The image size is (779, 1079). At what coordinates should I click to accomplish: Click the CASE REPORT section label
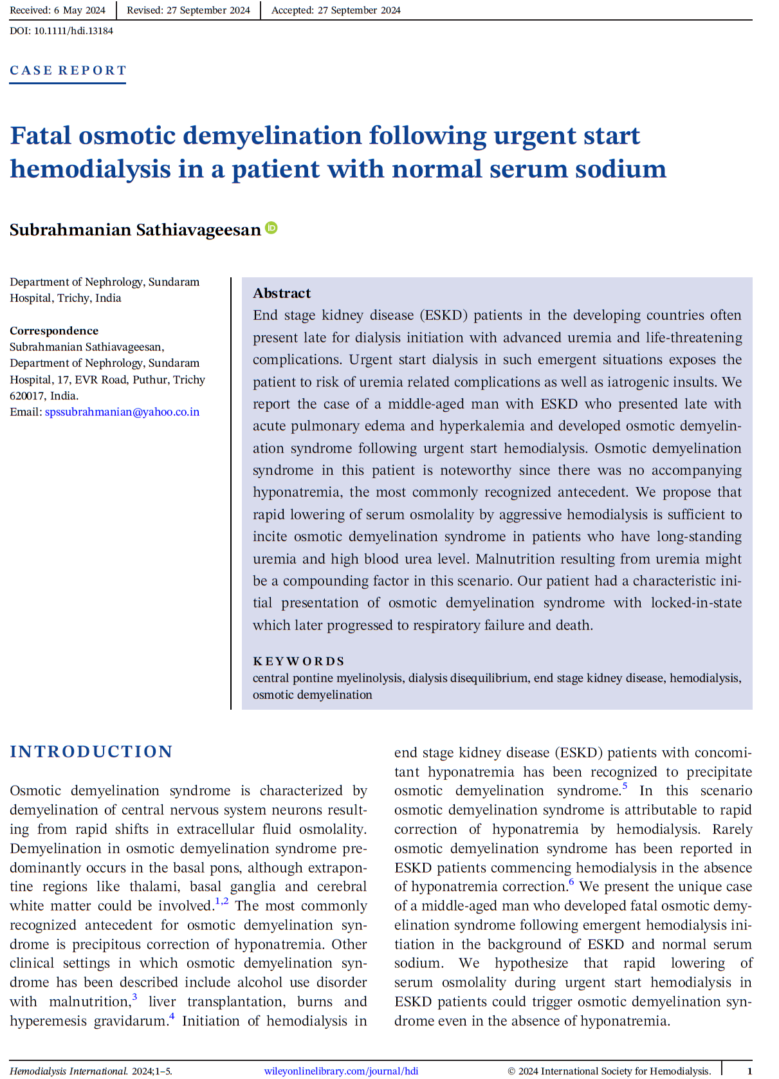[68, 70]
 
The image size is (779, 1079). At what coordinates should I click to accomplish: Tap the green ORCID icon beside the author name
[271, 228]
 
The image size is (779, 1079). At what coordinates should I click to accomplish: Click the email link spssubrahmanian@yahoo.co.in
[122, 412]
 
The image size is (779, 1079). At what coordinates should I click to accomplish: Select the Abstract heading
[282, 293]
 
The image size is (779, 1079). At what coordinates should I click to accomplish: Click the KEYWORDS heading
[298, 661]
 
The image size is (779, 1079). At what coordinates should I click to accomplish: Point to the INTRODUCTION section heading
[91, 752]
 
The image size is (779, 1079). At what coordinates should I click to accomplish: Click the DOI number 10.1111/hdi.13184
[73, 31]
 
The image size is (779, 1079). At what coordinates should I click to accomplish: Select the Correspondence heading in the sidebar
[54, 331]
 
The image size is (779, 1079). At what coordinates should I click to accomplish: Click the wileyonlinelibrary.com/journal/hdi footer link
[341, 1071]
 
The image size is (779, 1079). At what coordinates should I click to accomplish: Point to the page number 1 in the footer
[749, 1071]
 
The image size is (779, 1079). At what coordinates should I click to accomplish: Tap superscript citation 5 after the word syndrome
[625, 786]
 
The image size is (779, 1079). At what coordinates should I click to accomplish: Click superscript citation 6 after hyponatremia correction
[571, 882]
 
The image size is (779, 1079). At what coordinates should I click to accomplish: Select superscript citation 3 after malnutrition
[134, 997]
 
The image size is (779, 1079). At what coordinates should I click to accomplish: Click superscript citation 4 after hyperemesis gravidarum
[172, 1017]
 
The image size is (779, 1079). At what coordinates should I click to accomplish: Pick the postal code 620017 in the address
[27, 396]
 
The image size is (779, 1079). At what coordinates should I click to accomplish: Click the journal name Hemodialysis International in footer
[68, 1071]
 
